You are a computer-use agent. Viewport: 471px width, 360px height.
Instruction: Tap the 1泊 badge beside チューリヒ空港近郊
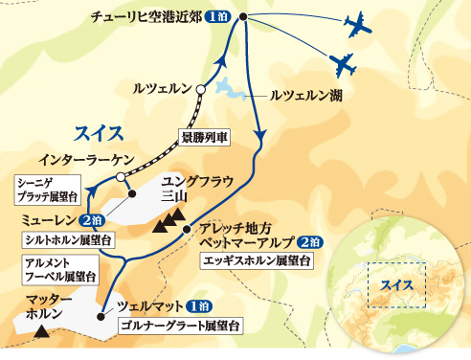[x=215, y=16]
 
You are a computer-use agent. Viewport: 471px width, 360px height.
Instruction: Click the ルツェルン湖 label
[x=306, y=97]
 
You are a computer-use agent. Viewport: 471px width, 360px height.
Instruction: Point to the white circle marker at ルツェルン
[x=201, y=92]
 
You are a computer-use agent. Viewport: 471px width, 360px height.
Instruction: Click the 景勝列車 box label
[x=204, y=137]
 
